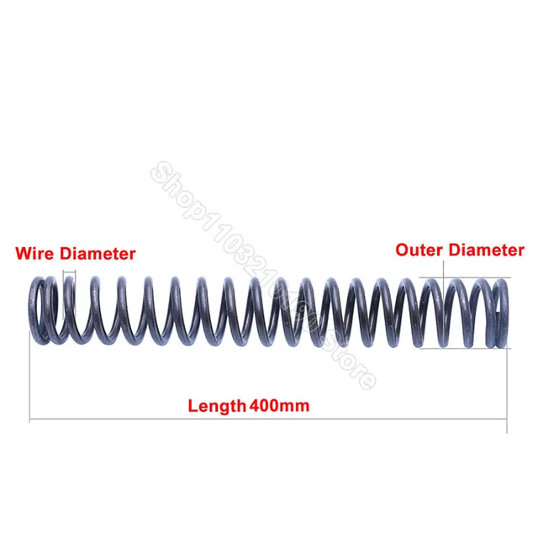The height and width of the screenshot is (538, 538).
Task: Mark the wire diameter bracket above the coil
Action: (69, 272)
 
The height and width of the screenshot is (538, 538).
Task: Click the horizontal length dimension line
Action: (126, 419)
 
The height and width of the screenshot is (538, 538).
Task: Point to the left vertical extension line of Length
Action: (30, 378)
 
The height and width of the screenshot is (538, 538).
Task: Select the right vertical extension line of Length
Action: (507, 387)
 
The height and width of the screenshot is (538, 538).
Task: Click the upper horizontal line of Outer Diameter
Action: (471, 278)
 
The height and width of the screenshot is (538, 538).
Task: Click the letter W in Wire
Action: (23, 252)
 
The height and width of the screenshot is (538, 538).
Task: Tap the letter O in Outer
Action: (402, 250)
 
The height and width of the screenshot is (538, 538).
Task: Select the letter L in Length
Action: (192, 406)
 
